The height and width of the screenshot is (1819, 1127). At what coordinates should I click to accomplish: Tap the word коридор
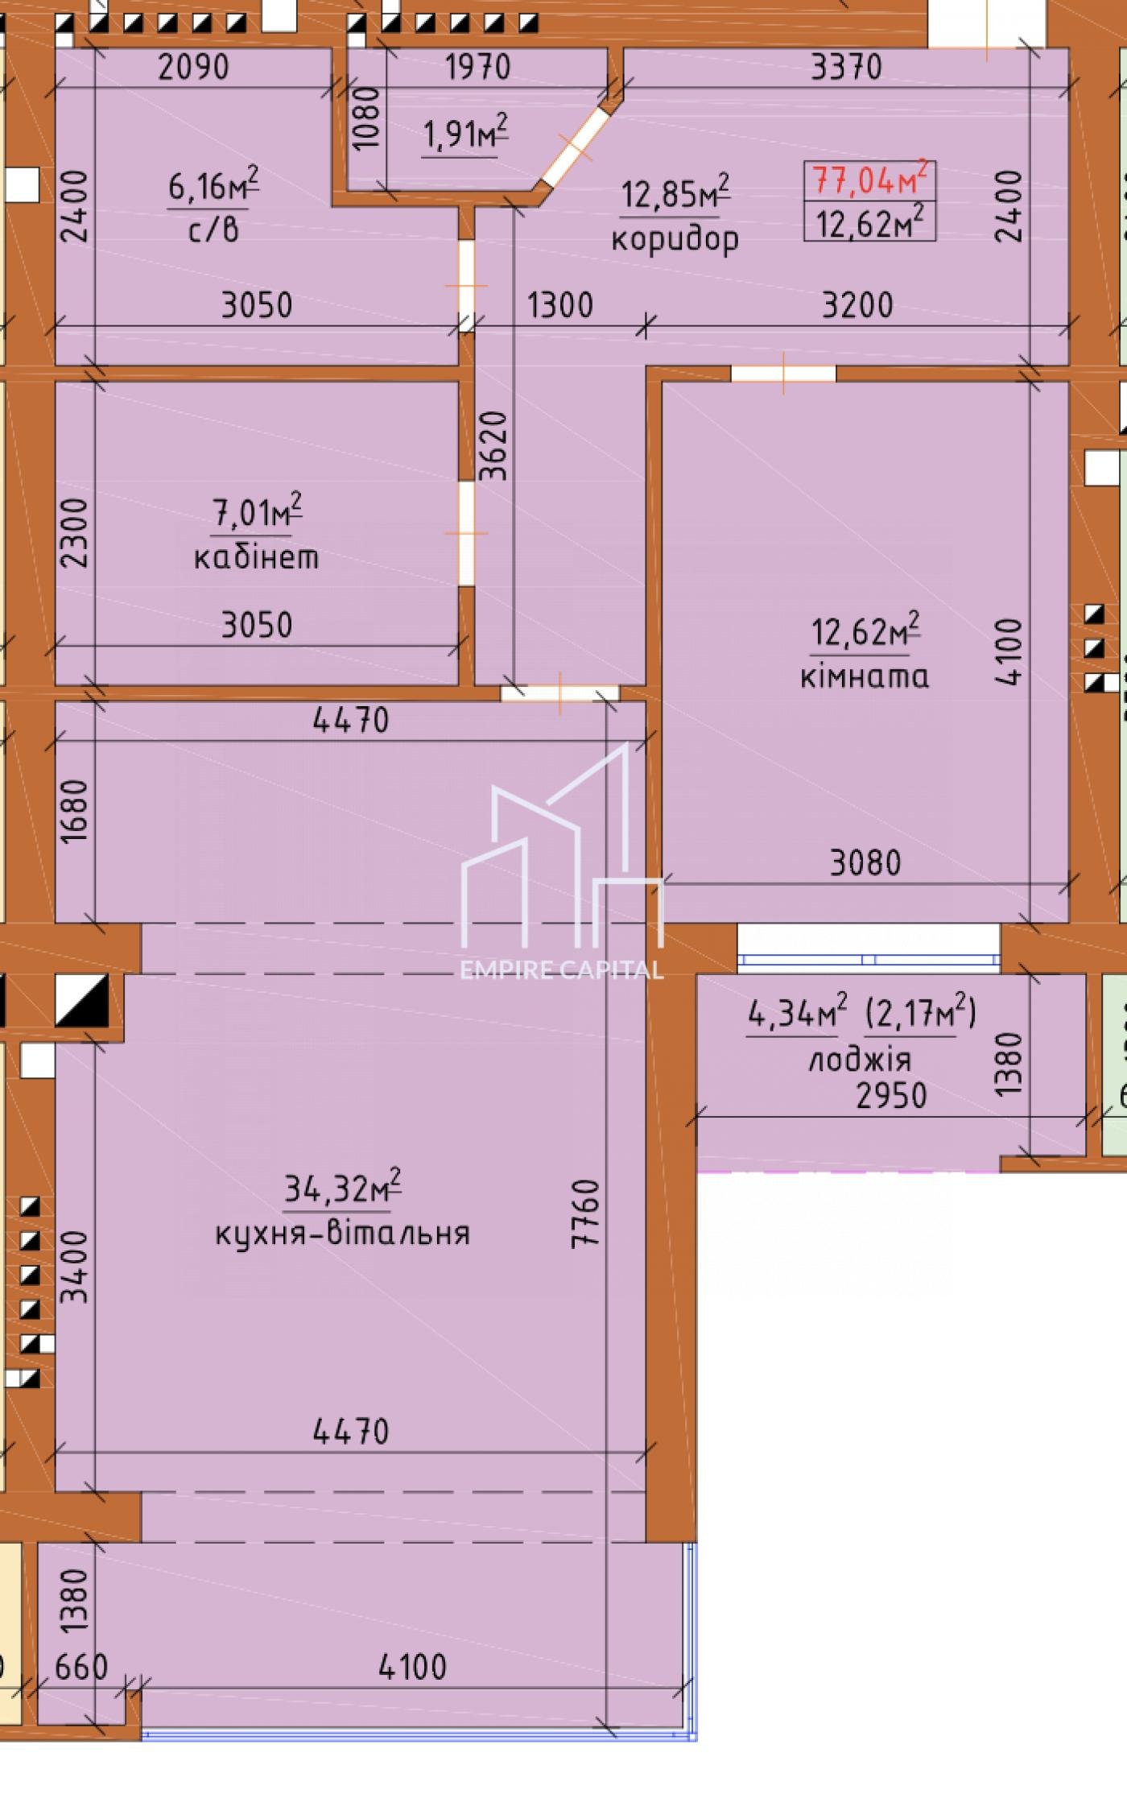pos(675,239)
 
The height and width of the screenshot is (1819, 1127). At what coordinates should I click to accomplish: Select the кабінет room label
pos(256,556)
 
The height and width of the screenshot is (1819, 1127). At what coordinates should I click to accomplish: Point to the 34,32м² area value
pos(342,1186)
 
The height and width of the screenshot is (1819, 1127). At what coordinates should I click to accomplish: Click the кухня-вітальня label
pos(342,1233)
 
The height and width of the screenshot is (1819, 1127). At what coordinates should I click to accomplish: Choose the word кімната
pos(865,676)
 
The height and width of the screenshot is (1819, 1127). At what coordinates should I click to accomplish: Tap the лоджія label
pos(859,1060)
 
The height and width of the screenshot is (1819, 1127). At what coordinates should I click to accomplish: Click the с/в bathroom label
pos(213,230)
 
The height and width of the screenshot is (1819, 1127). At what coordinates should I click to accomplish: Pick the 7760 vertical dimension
pos(585,1213)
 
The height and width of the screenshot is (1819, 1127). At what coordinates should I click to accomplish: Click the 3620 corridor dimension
pos(493,445)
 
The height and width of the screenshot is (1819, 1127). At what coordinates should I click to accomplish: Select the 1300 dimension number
pos(560,305)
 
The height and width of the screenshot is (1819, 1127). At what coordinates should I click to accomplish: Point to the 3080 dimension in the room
pos(865,863)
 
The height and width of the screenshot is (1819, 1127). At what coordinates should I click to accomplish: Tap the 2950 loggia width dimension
pos(891,1095)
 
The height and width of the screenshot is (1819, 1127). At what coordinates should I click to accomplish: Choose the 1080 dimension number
pos(366,118)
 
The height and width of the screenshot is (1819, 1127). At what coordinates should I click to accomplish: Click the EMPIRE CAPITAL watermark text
pos(562,969)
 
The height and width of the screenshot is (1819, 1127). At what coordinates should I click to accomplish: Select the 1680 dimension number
pos(74,811)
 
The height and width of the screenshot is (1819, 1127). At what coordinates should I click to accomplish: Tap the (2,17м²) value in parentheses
pos(920,1013)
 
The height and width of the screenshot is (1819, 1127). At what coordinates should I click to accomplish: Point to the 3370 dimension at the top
pos(846,67)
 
